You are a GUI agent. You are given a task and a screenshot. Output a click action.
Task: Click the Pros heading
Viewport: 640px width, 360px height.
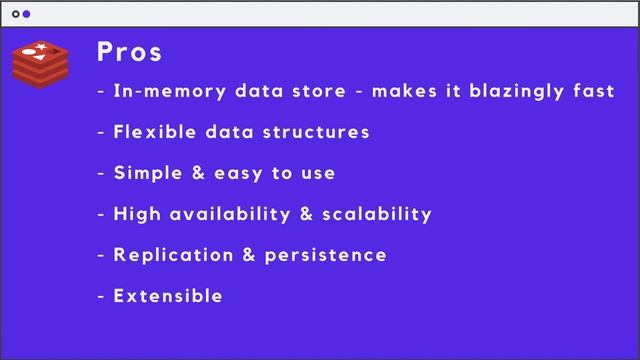130,52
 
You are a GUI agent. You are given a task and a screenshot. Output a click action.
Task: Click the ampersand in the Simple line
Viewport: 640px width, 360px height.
200,173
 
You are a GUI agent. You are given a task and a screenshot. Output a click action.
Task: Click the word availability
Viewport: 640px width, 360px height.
229,214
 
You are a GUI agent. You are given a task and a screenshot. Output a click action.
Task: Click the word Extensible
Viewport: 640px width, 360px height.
168,296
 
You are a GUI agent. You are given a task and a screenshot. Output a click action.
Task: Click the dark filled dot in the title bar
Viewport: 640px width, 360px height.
27,15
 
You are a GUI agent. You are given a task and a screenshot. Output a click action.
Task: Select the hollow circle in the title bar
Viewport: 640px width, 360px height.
16,15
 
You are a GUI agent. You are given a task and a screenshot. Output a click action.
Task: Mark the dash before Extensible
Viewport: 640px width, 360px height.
101,297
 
